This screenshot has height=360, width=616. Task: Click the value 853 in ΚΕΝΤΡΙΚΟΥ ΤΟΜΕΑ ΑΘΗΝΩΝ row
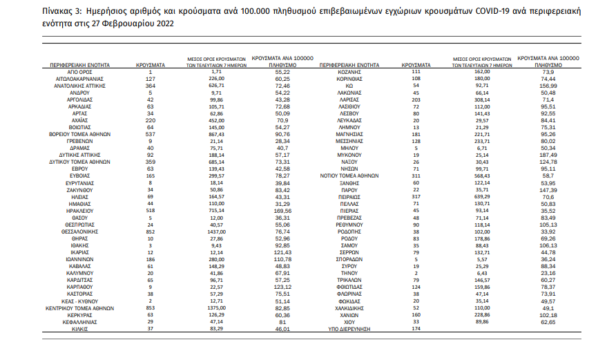(151, 307)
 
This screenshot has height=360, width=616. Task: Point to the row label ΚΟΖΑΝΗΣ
(349, 72)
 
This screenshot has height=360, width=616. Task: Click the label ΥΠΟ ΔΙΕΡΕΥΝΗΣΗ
(349, 329)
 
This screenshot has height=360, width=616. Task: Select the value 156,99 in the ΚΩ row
(548, 85)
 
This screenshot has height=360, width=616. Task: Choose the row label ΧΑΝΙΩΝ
(349, 314)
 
